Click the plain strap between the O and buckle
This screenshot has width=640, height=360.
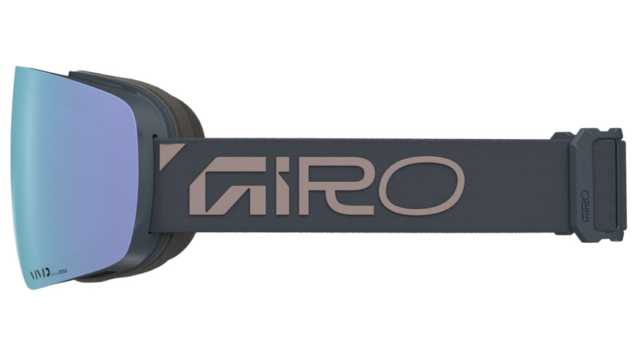[508, 184]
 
